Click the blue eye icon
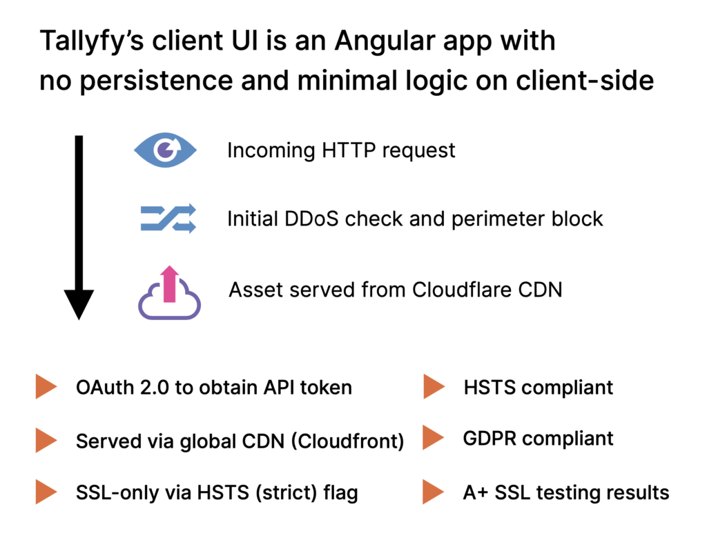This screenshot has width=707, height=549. pos(165,150)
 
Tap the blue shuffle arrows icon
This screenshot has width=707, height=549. pos(168,219)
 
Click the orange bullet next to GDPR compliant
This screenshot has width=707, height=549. pos(433,437)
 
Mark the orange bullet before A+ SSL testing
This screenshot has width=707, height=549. pos(433,492)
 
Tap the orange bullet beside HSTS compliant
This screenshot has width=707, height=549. pos(433,387)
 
